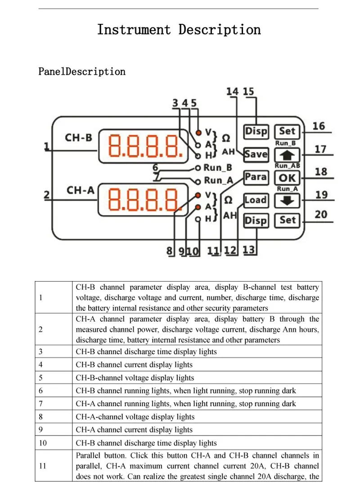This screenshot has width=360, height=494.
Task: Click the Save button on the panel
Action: (x=256, y=154)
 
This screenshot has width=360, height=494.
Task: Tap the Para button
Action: (x=256, y=177)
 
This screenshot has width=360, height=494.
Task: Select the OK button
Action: (x=287, y=178)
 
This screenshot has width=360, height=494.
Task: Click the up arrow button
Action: (x=287, y=155)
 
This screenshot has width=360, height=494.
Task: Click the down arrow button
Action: (x=287, y=200)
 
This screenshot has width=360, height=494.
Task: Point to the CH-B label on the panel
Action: (x=78, y=138)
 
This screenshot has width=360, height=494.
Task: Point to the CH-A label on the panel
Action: (x=81, y=190)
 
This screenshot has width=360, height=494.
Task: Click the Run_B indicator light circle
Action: (x=198, y=168)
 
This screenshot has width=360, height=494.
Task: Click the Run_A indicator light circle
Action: (x=198, y=182)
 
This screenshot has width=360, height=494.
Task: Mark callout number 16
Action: (x=319, y=126)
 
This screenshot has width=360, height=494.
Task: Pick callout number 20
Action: (x=321, y=214)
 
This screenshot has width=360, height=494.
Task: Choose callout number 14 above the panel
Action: (x=232, y=91)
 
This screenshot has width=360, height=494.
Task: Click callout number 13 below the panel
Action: (x=248, y=250)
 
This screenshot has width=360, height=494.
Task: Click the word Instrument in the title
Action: (x=134, y=30)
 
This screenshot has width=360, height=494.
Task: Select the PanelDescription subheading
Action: (x=82, y=72)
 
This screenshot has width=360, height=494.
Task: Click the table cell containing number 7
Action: (x=54, y=404)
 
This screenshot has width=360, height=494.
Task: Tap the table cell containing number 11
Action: (x=54, y=466)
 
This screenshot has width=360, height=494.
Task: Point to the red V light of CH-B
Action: (x=198, y=133)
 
